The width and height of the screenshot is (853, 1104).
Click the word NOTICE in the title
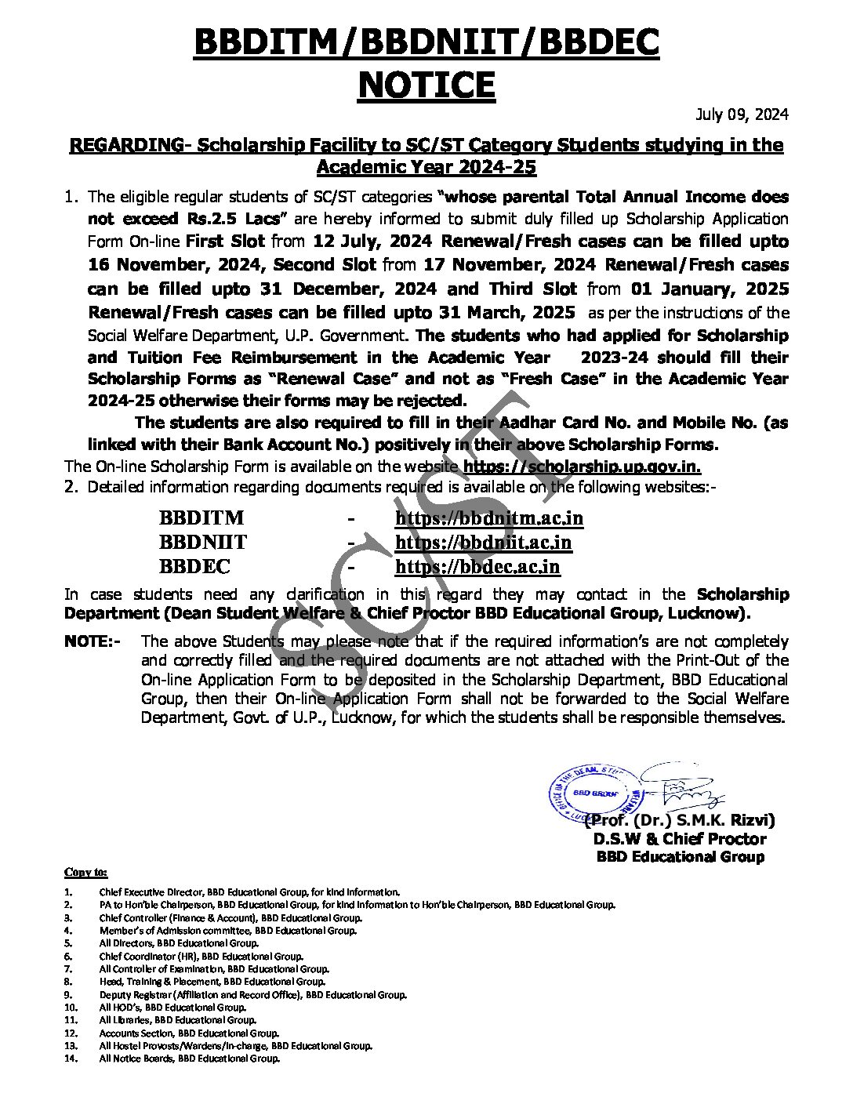[426, 85]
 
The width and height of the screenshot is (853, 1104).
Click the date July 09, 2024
[742, 114]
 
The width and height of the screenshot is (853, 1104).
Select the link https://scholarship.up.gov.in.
[582, 467]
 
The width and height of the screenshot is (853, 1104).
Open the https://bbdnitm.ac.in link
[489, 518]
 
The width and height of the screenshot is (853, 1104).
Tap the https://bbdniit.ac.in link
[483, 543]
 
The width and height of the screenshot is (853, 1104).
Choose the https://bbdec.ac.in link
[477, 567]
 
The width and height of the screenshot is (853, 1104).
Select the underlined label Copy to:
[86, 873]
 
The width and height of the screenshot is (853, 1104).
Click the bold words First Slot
[225, 241]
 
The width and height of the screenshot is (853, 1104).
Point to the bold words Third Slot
[533, 289]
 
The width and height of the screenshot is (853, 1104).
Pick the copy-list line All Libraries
[177, 1020]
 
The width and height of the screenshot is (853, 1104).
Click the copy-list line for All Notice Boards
[189, 1059]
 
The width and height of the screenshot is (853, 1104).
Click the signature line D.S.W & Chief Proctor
[679, 839]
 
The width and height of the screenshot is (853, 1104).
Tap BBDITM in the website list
[201, 518]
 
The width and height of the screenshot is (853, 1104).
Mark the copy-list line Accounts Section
[188, 1033]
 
